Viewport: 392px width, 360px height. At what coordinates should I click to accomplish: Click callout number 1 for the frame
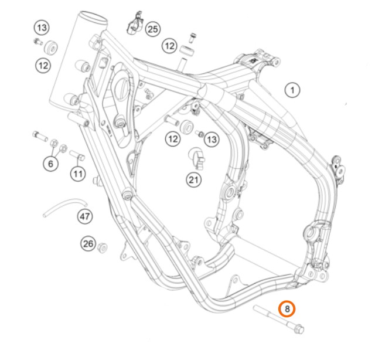(x=292, y=90)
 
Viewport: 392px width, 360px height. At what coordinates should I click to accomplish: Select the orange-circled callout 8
(x=287, y=309)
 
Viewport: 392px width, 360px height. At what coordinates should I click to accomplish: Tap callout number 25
(x=153, y=29)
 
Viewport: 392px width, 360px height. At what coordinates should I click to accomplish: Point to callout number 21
(x=194, y=179)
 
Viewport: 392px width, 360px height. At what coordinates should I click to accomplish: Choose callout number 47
(x=85, y=216)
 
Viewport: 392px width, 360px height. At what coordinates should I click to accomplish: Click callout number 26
(x=88, y=243)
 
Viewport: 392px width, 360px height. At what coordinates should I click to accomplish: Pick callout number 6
(x=50, y=164)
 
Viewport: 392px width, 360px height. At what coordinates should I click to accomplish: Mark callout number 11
(x=78, y=174)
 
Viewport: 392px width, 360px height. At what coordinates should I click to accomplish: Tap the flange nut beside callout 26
(x=102, y=247)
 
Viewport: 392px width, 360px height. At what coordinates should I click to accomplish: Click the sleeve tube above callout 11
(x=77, y=155)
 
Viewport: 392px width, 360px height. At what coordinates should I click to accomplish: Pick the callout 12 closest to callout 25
(x=170, y=46)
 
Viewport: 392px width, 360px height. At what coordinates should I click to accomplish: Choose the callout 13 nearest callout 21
(x=212, y=139)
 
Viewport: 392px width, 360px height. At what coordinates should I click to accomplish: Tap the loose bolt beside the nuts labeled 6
(x=40, y=136)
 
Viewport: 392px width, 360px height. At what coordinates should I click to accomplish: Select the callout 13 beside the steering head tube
(x=42, y=28)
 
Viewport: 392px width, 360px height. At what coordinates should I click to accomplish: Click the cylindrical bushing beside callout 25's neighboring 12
(x=187, y=51)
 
